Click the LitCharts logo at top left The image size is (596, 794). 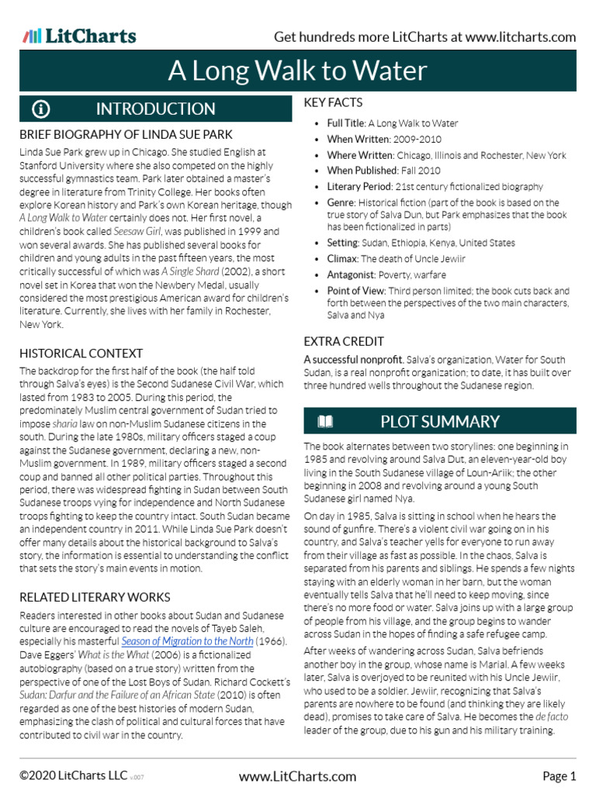pos(79,36)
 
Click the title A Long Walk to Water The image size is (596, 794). pos(298,71)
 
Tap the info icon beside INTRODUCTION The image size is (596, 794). pos(40,109)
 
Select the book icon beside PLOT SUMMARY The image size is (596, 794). pos(324,422)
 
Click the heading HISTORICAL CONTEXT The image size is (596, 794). pos(81,354)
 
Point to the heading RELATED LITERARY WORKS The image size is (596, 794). pos(95,597)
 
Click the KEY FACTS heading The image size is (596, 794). pos(333,102)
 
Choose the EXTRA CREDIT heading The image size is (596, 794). pos(344,341)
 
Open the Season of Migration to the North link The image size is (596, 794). pos(186,641)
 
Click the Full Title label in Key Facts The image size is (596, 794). pos(346,123)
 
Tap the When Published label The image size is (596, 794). pos(362,171)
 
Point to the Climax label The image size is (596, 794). pos(341,259)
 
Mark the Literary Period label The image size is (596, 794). pos(359,187)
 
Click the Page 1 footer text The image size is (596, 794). pos(559,776)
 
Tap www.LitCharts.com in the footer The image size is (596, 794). pos(298,776)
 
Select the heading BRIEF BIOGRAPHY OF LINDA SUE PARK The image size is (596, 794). pos(126,134)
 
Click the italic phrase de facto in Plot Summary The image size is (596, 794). pos(552,718)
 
